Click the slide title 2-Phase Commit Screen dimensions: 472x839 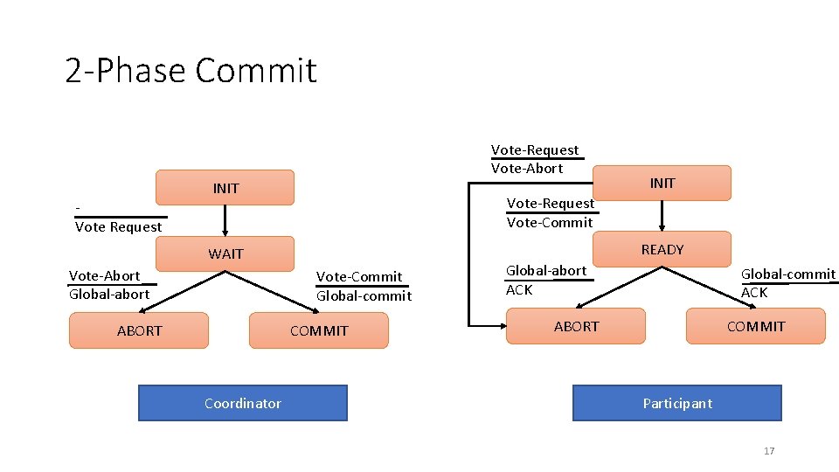(x=191, y=70)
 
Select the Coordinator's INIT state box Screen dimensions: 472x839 (x=225, y=188)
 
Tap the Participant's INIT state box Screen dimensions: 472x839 (x=662, y=183)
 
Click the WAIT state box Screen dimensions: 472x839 (x=225, y=253)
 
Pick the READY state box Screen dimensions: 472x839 (x=662, y=249)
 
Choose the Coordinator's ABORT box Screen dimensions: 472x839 (x=139, y=330)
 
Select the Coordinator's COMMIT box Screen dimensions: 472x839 (x=318, y=330)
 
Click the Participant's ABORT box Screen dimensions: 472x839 (x=576, y=326)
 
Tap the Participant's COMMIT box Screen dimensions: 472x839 (x=755, y=326)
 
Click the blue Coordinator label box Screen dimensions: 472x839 (x=242, y=403)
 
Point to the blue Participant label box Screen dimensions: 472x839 (x=676, y=403)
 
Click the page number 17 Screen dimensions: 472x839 (x=769, y=451)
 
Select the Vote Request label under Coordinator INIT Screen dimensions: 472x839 (x=119, y=227)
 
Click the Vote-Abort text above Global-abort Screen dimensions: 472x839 (x=104, y=275)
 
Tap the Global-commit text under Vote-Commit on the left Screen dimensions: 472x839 (x=364, y=295)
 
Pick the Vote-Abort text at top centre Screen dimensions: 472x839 (x=527, y=168)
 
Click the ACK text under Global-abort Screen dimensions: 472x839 (x=519, y=289)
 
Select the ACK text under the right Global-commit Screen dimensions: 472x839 (x=754, y=292)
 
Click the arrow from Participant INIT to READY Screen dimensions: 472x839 (x=662, y=215)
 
